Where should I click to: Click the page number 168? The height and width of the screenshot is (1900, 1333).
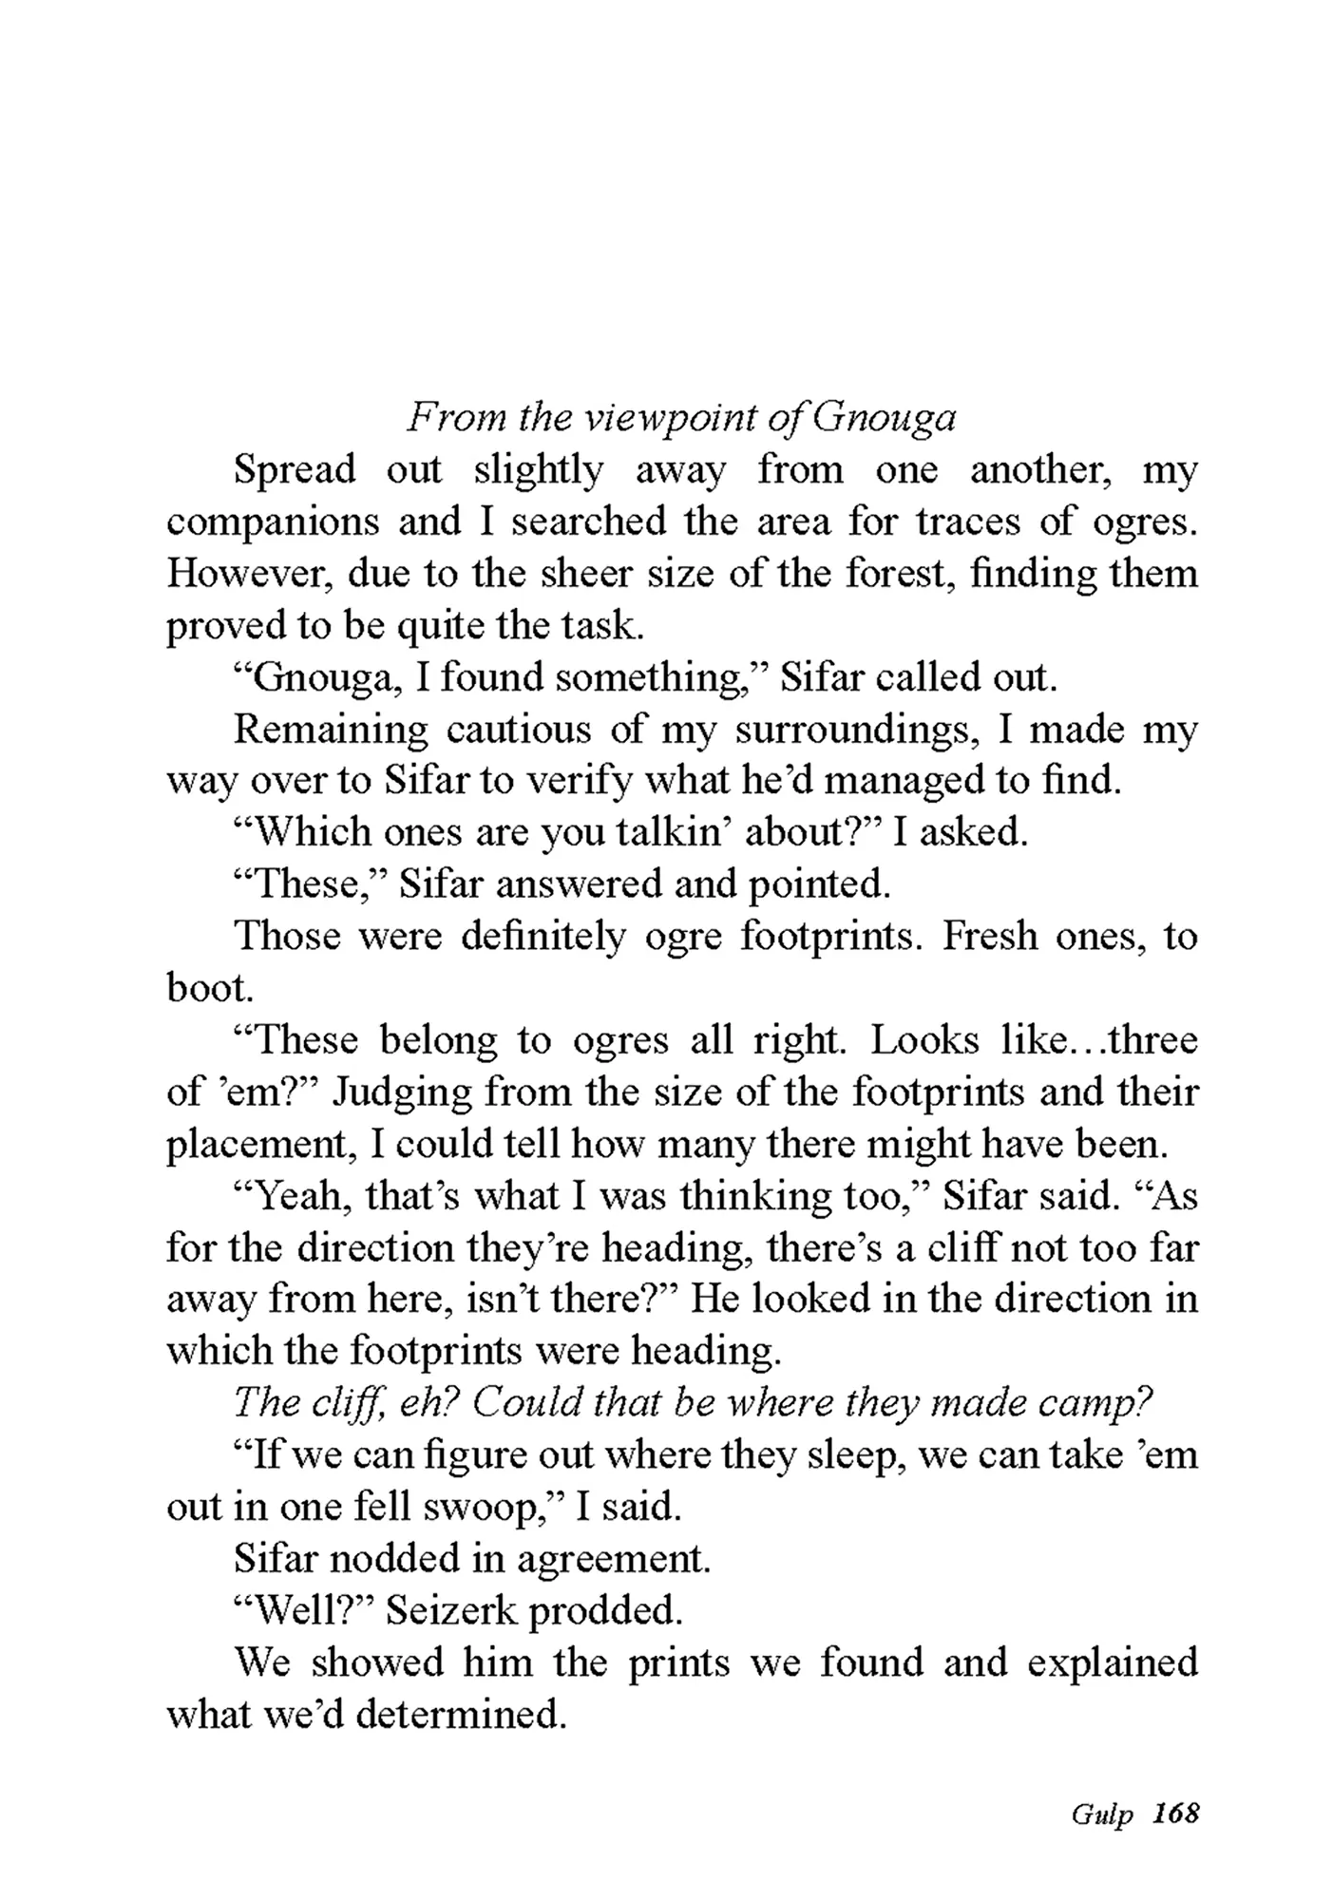point(1175,1813)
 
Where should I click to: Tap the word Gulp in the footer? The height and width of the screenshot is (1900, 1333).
point(1102,1814)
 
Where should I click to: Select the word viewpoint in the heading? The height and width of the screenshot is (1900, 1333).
point(667,419)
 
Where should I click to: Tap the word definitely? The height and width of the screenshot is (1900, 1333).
point(543,937)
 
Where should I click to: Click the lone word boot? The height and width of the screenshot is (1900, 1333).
point(209,989)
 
